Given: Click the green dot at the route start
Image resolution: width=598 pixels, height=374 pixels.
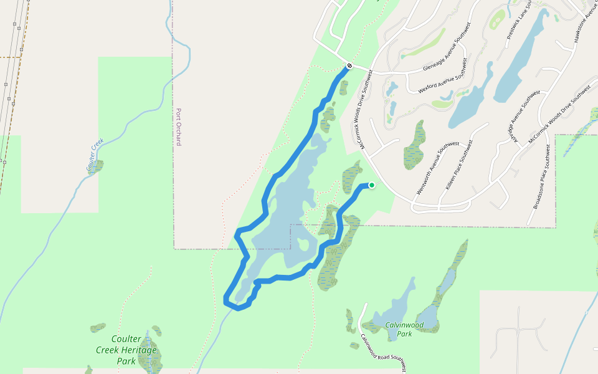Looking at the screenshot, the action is tap(372, 185).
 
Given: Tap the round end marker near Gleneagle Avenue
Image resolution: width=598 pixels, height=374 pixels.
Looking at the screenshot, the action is tap(350, 65).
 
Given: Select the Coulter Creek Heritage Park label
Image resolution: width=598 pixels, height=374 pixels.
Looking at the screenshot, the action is tap(126, 350).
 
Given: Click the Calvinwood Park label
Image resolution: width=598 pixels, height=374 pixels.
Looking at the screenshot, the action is tap(404, 329).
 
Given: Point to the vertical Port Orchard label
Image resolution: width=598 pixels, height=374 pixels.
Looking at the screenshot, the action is tap(179, 127).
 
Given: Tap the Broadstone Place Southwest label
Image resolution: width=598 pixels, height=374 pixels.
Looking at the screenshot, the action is tap(539, 185).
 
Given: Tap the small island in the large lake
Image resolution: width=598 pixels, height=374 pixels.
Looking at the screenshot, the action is tap(303, 245).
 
